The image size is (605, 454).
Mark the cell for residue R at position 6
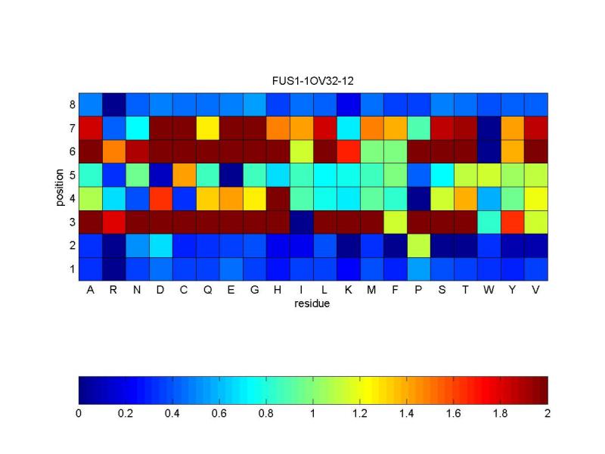[x=113, y=151]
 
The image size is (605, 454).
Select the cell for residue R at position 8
[x=113, y=104]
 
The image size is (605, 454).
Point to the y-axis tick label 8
[x=71, y=104]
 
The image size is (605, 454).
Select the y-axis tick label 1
[x=71, y=269]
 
